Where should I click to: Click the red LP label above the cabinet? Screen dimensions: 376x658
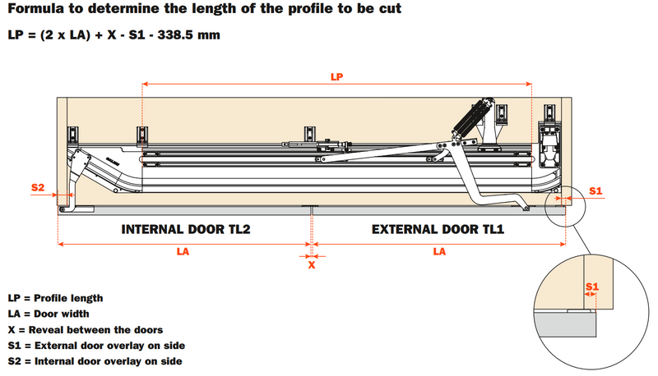336,76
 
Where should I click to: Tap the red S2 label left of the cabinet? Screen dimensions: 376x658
38,188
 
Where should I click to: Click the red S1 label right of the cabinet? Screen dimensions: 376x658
596,190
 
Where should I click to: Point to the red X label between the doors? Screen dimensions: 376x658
312,264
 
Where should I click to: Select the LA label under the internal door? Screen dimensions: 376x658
182,252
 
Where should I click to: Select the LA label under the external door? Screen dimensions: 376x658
439,252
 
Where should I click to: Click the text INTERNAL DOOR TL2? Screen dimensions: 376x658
185,230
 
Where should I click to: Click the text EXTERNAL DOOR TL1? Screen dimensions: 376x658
438,230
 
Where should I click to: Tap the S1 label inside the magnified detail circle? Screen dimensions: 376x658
591,287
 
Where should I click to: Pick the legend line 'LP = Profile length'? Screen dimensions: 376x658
56,298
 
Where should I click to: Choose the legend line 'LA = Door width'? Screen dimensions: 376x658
49,314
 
